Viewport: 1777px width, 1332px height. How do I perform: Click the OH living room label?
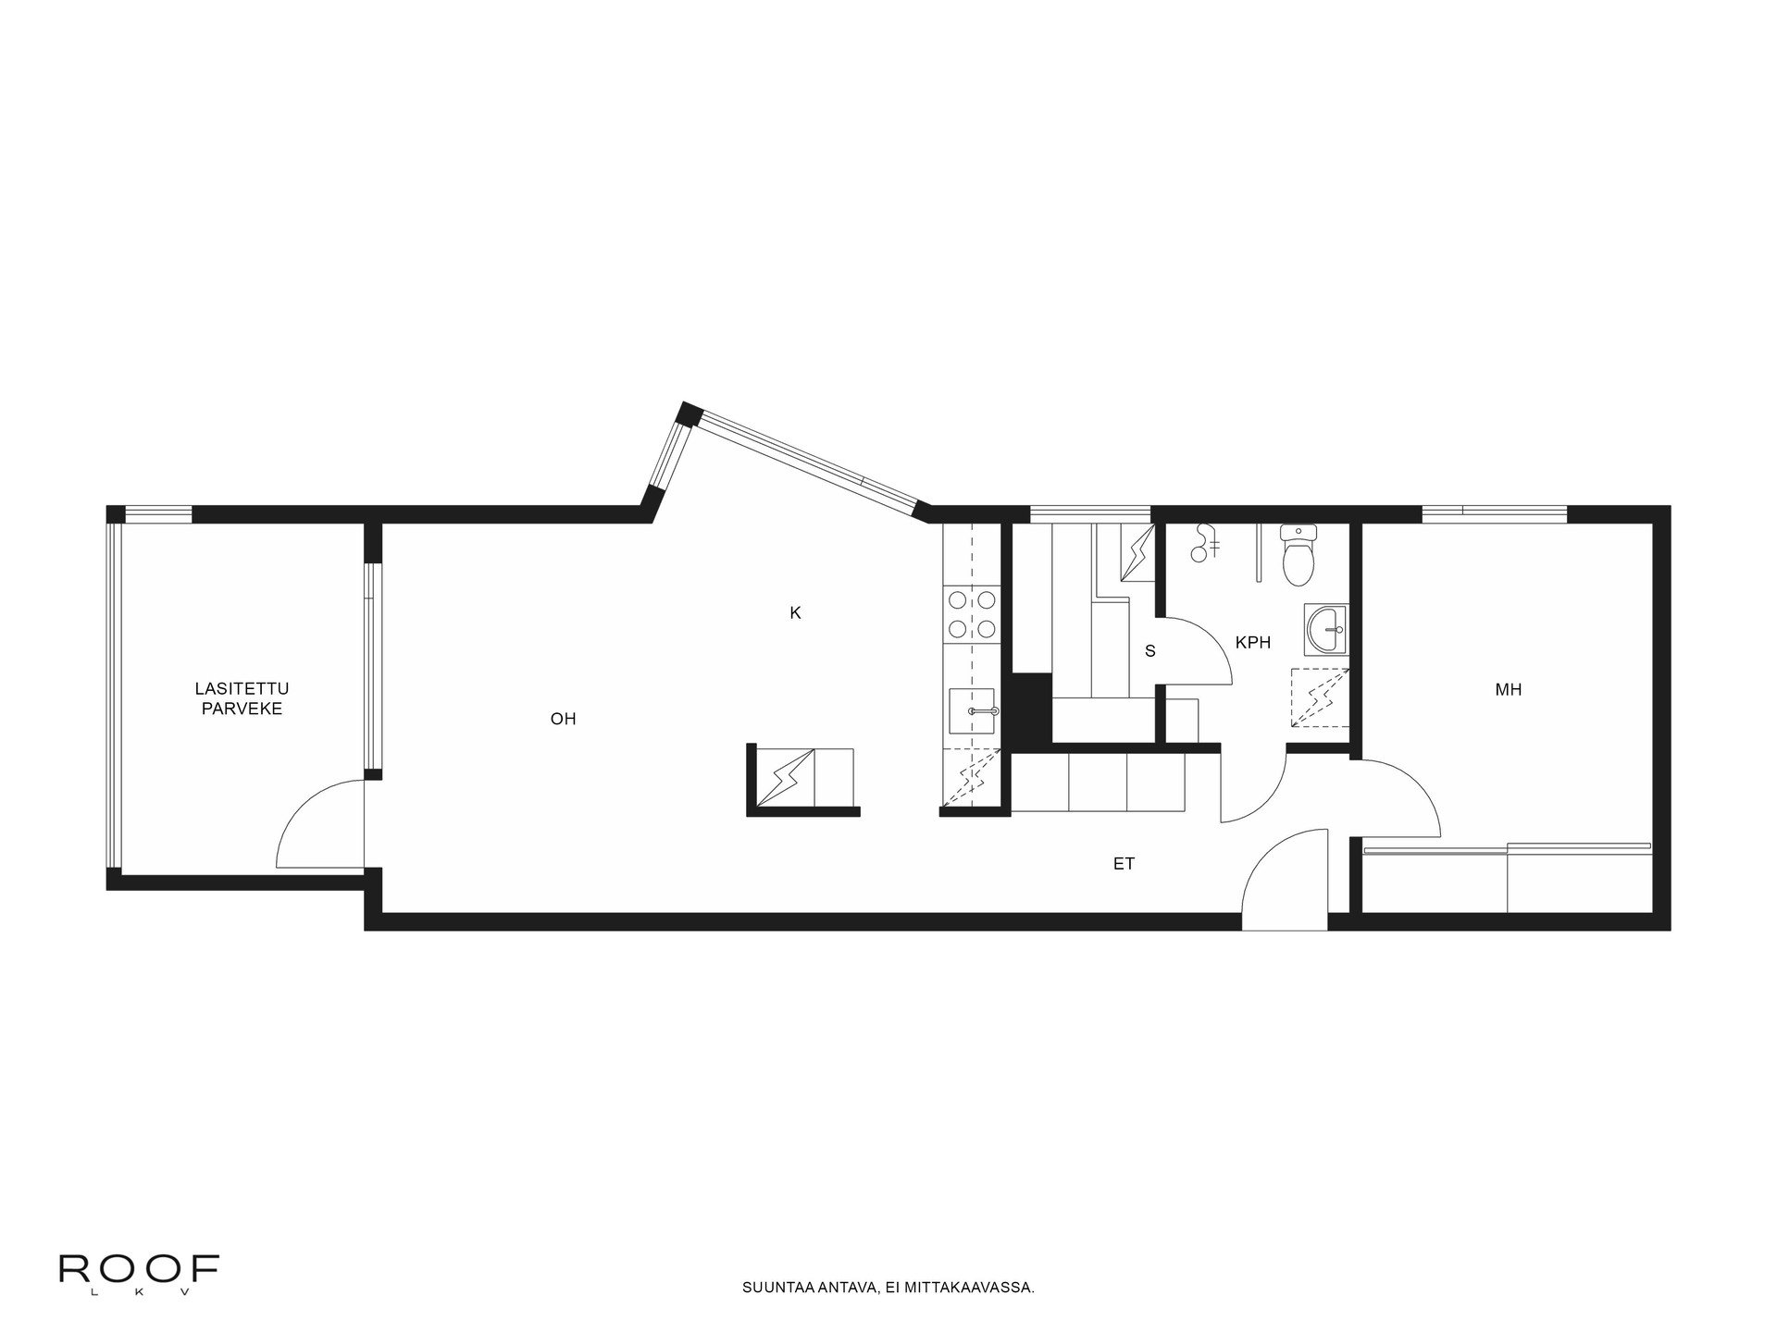pyautogui.click(x=563, y=719)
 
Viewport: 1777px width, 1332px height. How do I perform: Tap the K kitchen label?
pyautogui.click(x=794, y=612)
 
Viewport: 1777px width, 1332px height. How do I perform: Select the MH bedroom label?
pyautogui.click(x=1508, y=689)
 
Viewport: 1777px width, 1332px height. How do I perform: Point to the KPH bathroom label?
pyautogui.click(x=1253, y=642)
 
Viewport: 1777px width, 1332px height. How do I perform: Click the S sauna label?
pyautogui.click(x=1150, y=651)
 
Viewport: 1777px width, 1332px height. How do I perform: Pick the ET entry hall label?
pyautogui.click(x=1124, y=864)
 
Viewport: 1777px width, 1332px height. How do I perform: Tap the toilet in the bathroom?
pyautogui.click(x=1298, y=557)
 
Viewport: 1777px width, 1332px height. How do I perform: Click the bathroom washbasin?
pyautogui.click(x=1327, y=631)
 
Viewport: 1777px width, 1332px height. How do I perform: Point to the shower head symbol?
pyautogui.click(x=1203, y=543)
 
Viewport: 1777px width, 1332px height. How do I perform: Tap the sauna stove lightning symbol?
pyautogui.click(x=1137, y=553)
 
